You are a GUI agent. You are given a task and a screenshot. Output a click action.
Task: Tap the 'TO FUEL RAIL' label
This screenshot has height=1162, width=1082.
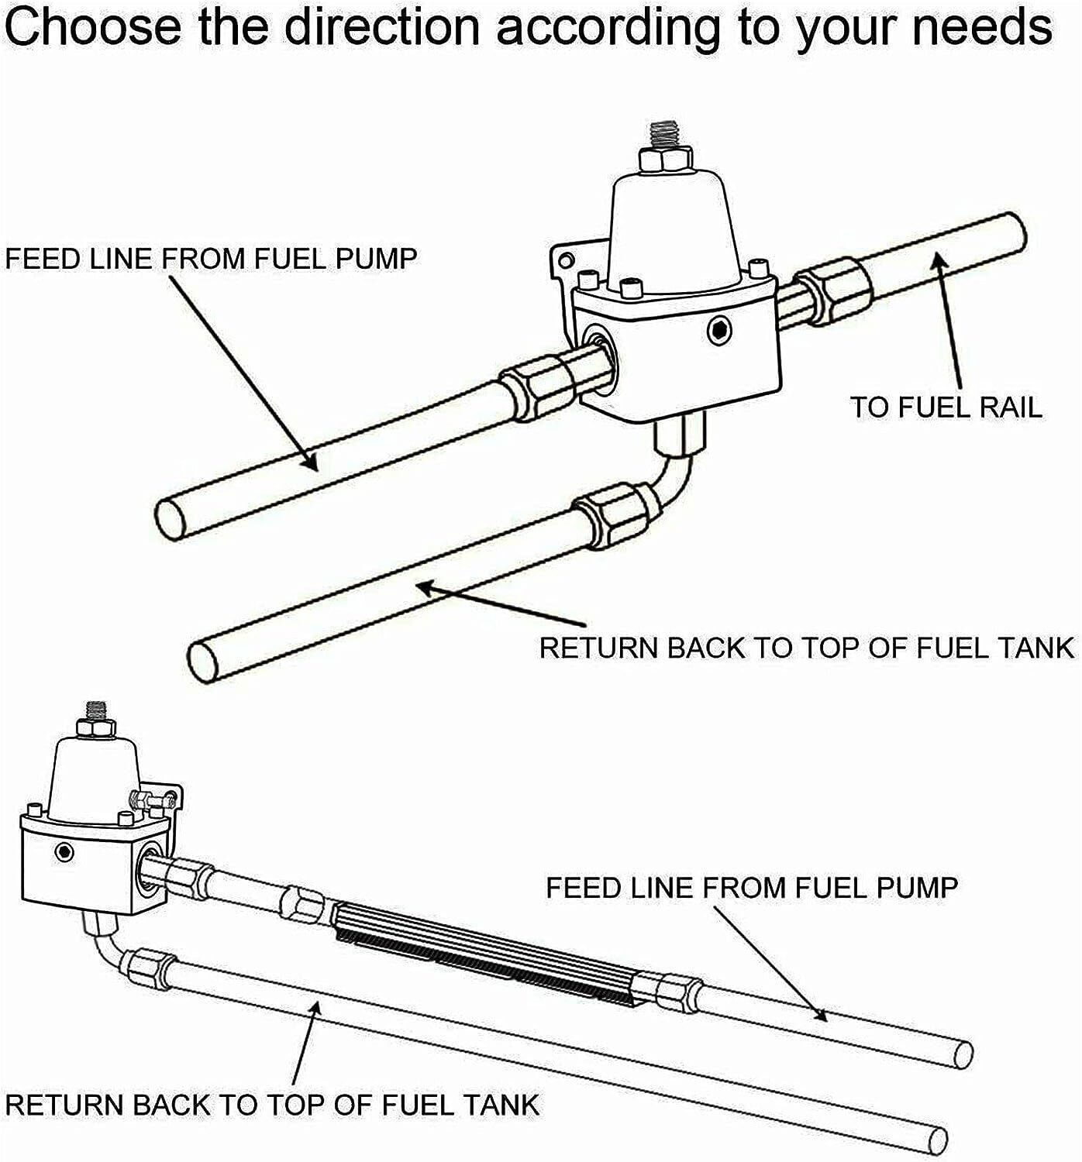[946, 407]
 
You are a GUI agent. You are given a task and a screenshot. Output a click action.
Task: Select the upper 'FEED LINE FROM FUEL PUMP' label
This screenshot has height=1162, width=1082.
[211, 259]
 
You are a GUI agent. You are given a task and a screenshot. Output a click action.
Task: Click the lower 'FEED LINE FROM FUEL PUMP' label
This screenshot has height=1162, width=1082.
[752, 887]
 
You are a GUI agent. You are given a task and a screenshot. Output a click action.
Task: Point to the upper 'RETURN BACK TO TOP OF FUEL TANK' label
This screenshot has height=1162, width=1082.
[806, 648]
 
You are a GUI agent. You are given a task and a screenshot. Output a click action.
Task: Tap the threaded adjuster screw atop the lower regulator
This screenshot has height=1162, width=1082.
[96, 710]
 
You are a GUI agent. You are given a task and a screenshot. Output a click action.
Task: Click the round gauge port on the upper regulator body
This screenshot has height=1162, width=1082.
[719, 332]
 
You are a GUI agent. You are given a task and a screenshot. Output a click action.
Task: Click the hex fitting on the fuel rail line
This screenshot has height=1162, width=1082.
[833, 292]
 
